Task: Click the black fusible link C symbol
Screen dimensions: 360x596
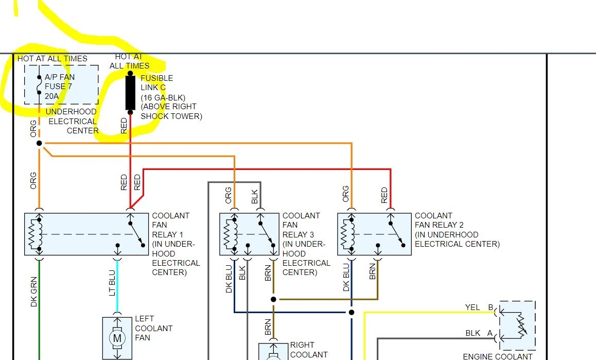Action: tap(130, 93)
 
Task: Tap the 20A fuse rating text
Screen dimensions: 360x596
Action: tap(51, 96)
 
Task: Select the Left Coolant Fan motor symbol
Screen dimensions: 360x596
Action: tap(117, 338)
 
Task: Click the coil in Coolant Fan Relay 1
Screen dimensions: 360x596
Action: tap(36, 234)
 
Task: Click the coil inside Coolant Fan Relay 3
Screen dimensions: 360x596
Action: tap(230, 234)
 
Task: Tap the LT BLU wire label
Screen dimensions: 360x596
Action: tap(112, 283)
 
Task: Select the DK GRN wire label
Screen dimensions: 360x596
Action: tap(34, 291)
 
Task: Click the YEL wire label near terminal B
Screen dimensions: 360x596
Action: tap(472, 307)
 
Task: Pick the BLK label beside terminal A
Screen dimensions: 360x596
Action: tap(473, 333)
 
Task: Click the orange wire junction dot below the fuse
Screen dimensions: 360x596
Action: tap(39, 143)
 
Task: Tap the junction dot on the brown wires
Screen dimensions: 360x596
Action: tap(273, 299)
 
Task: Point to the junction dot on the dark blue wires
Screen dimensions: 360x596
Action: tap(352, 312)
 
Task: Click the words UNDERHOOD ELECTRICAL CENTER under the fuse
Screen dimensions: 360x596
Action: tap(73, 121)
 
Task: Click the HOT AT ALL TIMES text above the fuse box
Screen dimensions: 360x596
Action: tap(52, 59)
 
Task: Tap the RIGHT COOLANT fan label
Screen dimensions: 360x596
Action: tap(309, 350)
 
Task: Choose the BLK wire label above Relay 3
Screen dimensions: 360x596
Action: tap(255, 196)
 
